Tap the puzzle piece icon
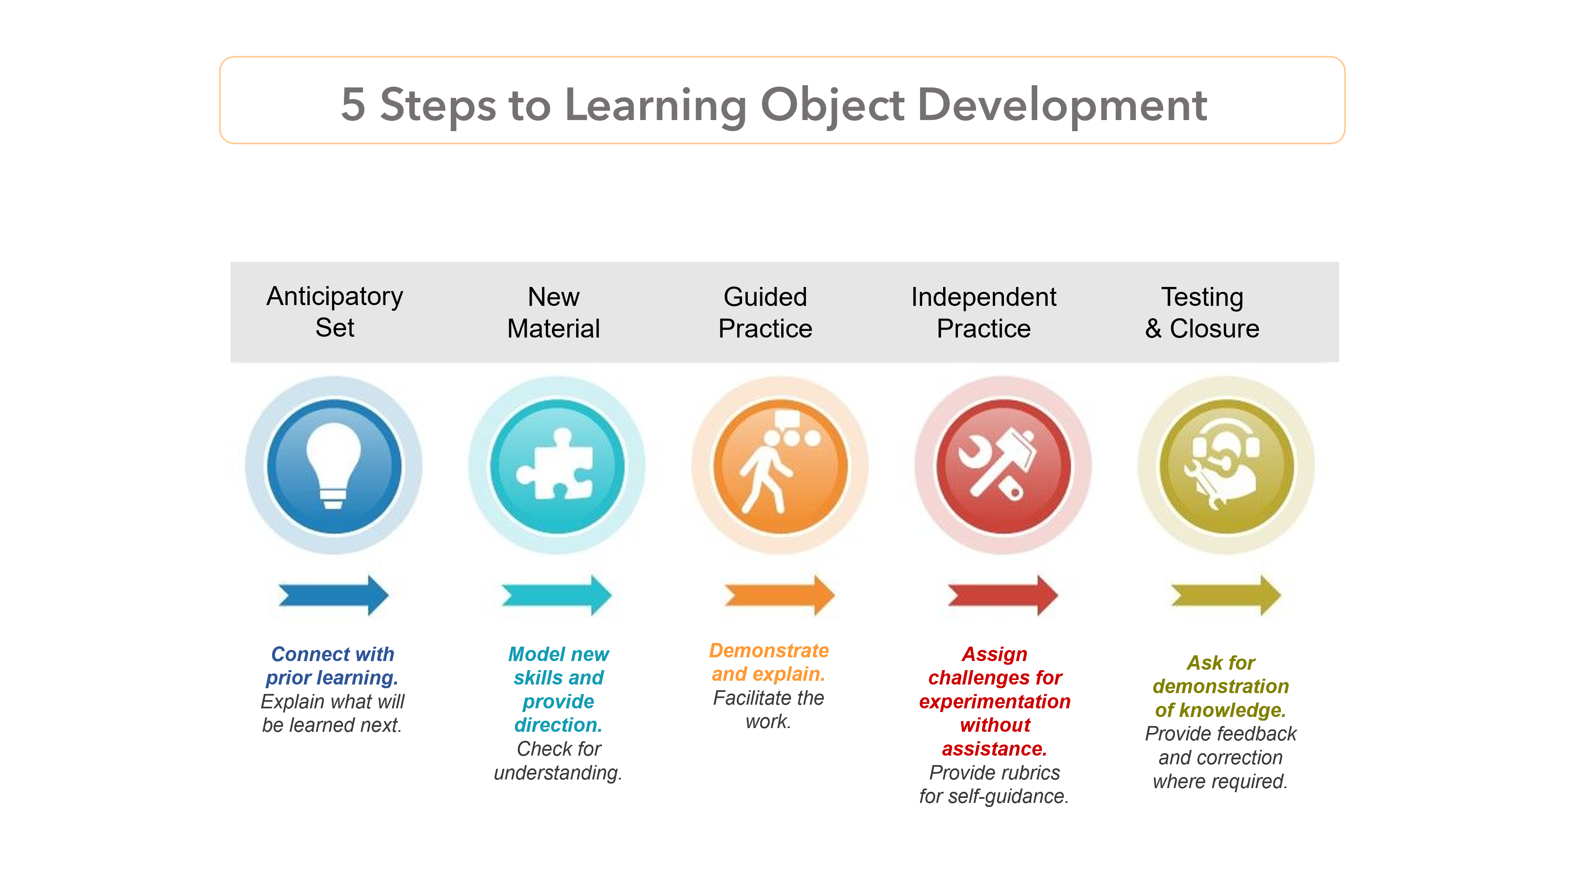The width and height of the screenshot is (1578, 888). [556, 466]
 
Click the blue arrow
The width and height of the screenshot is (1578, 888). [333, 594]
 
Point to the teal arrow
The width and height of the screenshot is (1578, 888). [556, 594]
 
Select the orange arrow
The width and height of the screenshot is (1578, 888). [779, 594]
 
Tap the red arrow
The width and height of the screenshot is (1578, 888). [1002, 594]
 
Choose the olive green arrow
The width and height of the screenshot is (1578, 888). [1225, 594]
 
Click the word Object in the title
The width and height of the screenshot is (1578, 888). [832, 105]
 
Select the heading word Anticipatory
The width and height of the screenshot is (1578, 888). [335, 296]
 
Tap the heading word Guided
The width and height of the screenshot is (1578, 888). [765, 296]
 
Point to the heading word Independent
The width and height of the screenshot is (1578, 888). [983, 296]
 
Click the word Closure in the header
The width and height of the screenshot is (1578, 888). [1214, 328]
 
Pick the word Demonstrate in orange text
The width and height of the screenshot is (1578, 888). [769, 650]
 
